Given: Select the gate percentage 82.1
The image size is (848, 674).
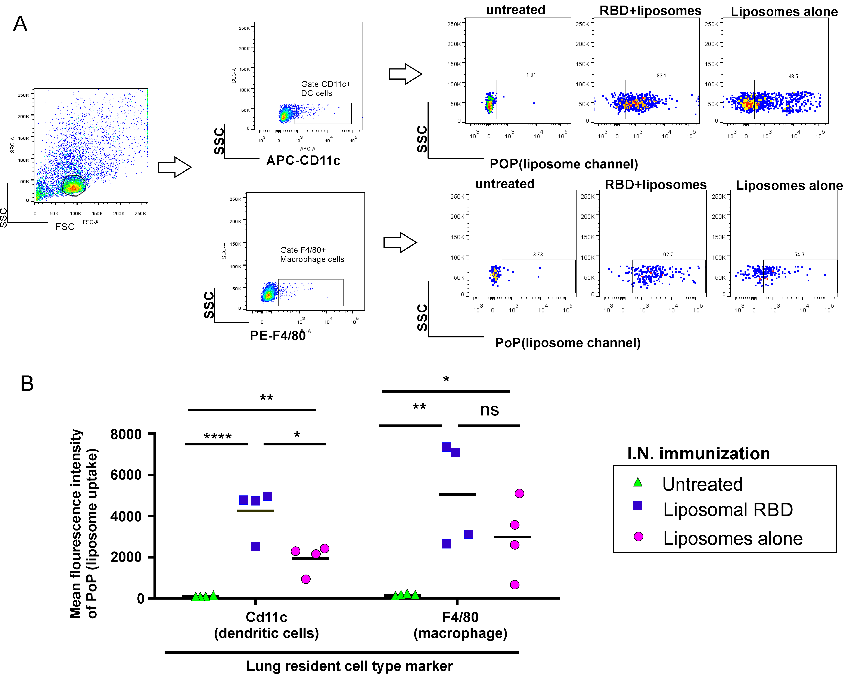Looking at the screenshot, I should coord(661,75).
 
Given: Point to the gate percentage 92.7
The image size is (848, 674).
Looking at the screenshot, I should coord(668,255).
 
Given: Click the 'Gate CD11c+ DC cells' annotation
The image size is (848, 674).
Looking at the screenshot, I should coord(325,89).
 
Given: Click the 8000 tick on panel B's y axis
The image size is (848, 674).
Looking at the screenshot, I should coord(126,434).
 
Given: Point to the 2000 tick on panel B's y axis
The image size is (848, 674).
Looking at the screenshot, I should coord(126,557).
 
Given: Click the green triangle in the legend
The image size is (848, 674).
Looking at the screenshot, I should coord(638,482).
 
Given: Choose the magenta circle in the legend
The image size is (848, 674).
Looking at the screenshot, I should coord(638,537).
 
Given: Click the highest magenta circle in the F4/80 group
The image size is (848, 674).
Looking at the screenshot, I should coord(519,493).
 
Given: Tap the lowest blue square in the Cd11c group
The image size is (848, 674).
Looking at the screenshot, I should coord(256,547).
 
